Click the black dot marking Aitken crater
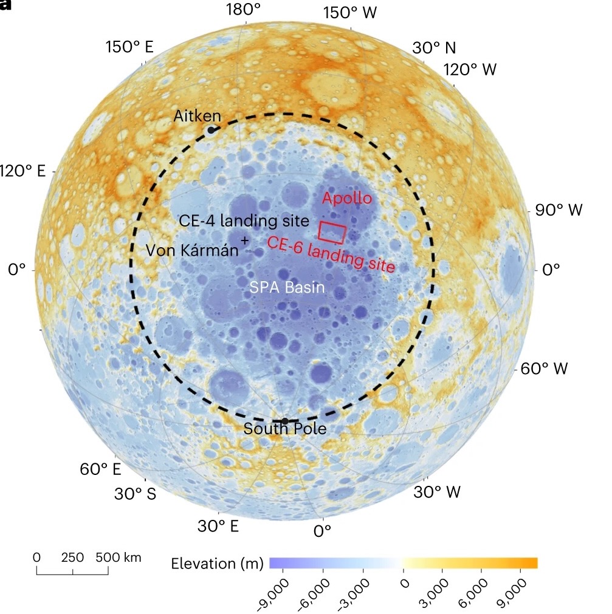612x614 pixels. click(211, 129)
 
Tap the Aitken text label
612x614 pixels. click(197, 115)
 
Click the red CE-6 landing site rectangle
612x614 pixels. click(332, 233)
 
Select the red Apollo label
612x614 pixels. click(346, 198)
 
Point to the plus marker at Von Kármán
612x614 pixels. click(245, 240)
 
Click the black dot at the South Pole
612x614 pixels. click(284, 421)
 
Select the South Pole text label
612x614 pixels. click(285, 429)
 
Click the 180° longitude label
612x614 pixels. click(243, 10)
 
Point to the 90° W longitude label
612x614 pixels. click(559, 210)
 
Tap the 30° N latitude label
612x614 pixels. click(433, 48)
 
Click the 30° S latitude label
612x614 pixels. click(135, 493)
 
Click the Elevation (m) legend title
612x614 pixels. click(217, 563)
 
